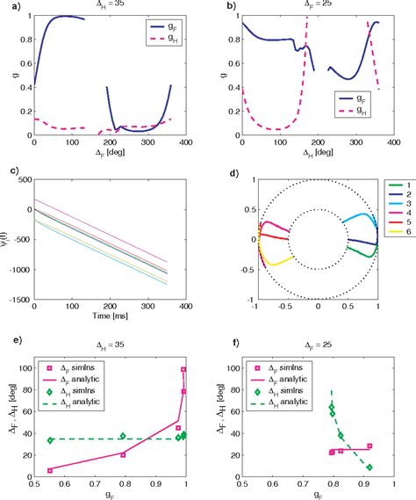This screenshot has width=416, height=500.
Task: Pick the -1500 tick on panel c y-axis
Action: click(18, 299)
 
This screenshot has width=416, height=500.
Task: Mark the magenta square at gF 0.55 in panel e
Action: click(49, 470)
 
